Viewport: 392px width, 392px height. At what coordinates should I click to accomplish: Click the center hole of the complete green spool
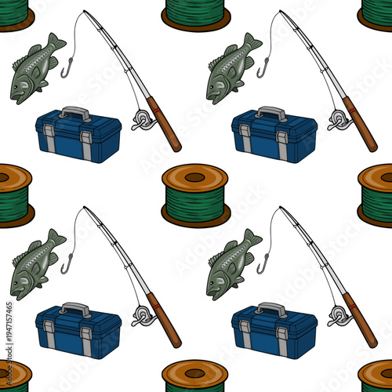[194, 177]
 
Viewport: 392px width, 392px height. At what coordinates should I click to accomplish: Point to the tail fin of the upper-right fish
[250, 42]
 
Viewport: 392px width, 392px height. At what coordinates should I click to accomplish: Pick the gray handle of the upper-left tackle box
[74, 112]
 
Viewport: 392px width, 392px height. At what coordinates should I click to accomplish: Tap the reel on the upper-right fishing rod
[338, 119]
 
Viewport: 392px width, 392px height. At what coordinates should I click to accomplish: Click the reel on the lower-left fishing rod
[142, 315]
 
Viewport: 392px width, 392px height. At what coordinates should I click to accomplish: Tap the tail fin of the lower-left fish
[54, 238]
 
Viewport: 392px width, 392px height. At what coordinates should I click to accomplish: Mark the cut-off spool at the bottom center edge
[196, 377]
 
